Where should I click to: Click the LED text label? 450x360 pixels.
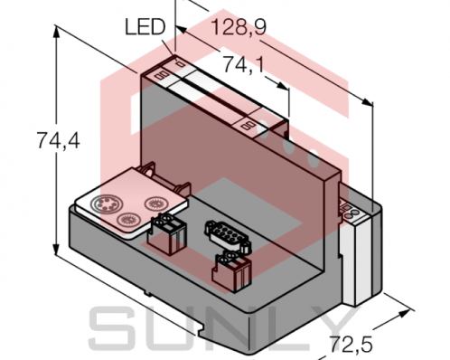[143, 28]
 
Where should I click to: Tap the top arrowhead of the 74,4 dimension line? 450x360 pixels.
[59, 30]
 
